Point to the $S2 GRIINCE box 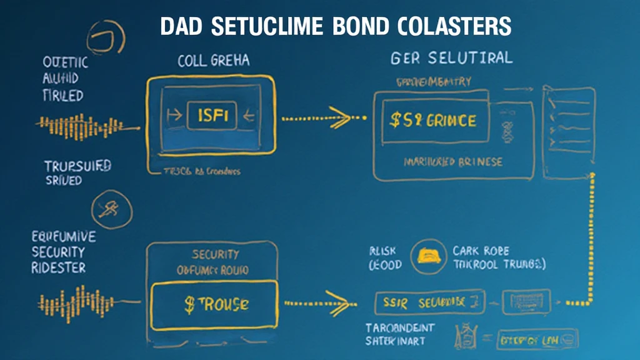(432, 121)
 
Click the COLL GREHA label (213, 61)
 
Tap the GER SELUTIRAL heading (451, 58)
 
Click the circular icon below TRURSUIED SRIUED (111, 209)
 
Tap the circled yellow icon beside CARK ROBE (428, 256)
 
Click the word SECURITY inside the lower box (214, 254)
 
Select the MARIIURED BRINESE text (453, 162)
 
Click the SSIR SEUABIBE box (430, 302)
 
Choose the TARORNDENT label (400, 327)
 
